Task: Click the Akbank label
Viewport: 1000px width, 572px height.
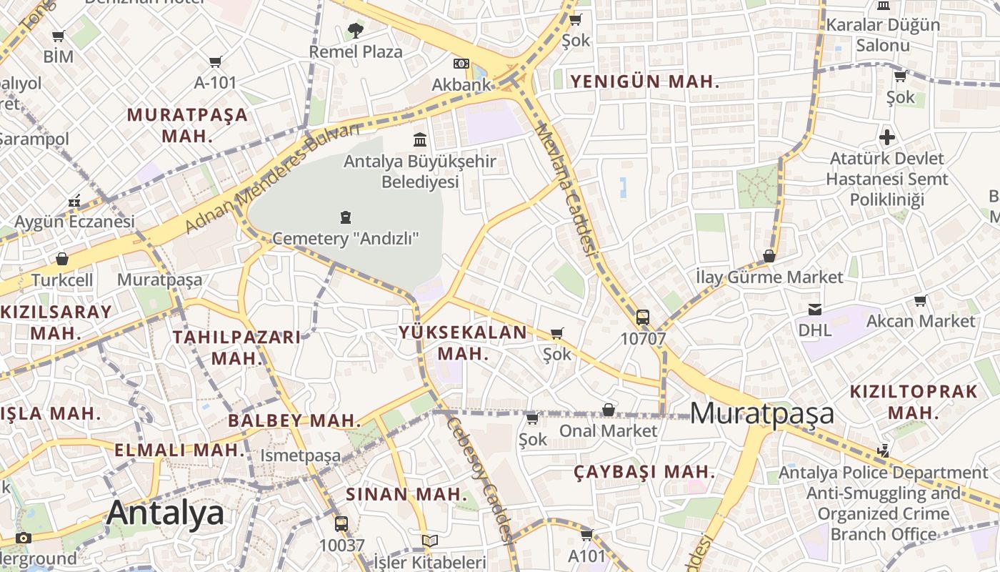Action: [461, 84]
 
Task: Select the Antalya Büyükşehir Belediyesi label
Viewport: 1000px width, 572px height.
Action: [419, 172]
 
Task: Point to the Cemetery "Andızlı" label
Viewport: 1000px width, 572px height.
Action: [346, 238]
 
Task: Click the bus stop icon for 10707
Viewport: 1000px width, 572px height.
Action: [643, 317]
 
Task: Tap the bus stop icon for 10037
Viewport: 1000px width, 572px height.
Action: [341, 523]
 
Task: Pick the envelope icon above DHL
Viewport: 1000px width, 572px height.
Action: [814, 310]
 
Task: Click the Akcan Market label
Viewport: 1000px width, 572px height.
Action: [920, 321]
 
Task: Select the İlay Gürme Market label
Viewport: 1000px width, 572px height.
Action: [769, 277]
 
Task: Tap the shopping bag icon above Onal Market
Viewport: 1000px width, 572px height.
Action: [609, 410]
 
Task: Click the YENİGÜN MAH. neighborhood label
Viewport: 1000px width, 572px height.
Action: [644, 82]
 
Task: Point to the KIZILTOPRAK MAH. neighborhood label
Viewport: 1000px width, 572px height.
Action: [913, 402]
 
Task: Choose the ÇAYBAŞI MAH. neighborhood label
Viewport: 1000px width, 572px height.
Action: [644, 472]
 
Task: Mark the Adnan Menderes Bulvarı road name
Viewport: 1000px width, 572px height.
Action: [273, 178]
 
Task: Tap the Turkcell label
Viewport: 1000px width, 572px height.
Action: [62, 280]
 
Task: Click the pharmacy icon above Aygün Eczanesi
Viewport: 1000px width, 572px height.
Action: [74, 202]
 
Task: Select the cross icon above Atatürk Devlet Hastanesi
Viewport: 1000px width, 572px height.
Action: [886, 137]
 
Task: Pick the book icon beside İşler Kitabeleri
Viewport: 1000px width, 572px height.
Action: [429, 541]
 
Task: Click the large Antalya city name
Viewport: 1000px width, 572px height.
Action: [165, 513]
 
